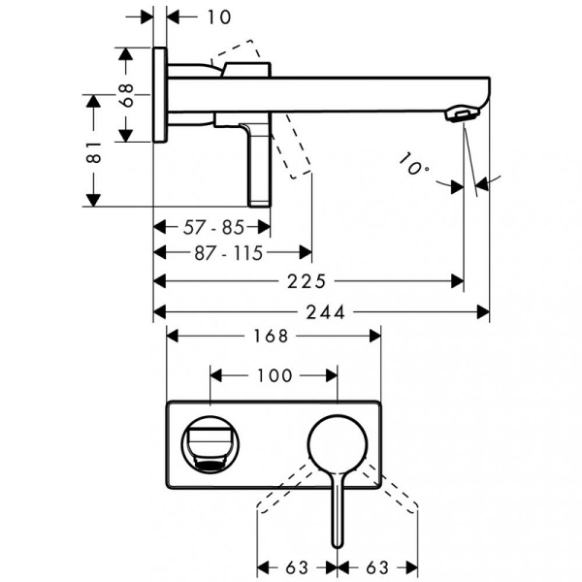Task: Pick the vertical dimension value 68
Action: point(124,95)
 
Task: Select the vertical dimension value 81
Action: point(93,151)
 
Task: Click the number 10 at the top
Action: point(218,16)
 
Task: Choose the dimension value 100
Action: point(274,374)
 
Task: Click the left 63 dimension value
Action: point(296,565)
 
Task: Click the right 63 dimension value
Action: point(378,565)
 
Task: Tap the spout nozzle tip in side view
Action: point(462,115)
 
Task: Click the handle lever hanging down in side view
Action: point(260,165)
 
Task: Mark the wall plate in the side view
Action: point(160,94)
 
